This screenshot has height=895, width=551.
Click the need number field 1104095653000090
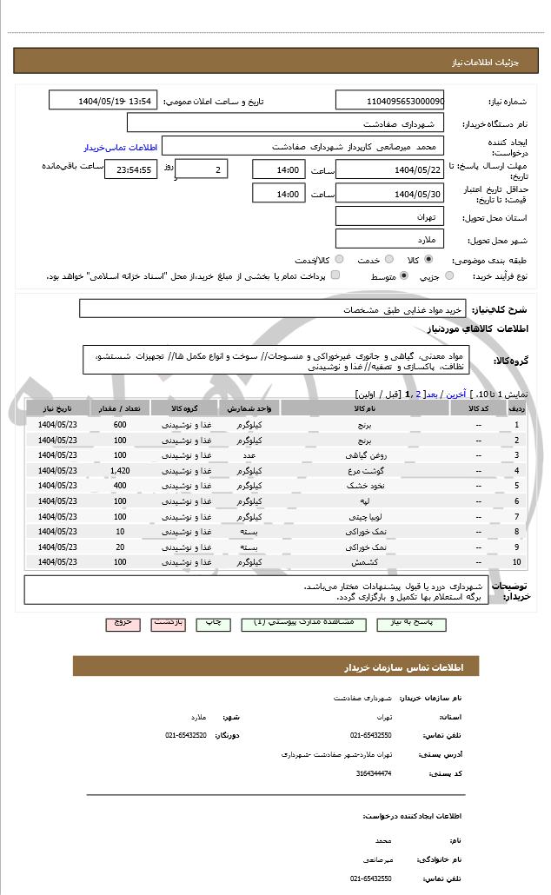click(x=389, y=101)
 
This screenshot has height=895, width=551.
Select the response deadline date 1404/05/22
click(x=389, y=169)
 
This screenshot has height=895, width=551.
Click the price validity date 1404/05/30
click(x=389, y=193)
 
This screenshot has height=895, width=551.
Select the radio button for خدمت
click(x=388, y=259)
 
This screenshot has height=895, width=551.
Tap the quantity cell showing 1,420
click(x=120, y=470)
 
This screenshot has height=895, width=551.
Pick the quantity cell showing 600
click(x=120, y=425)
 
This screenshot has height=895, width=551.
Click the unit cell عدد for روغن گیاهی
click(x=249, y=455)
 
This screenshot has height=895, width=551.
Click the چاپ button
click(x=213, y=623)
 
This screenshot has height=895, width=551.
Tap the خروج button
click(x=123, y=623)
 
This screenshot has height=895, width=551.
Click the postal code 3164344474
click(x=374, y=772)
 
